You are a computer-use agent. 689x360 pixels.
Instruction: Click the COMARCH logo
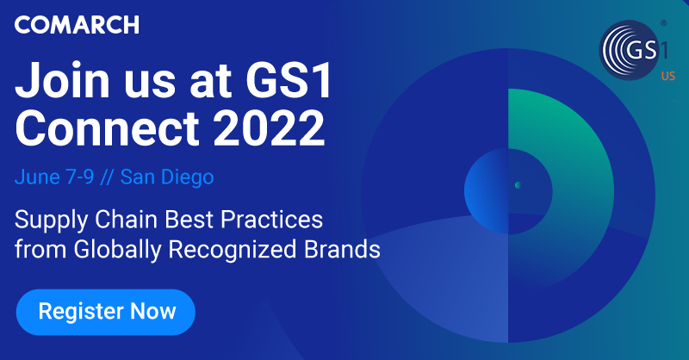click(x=77, y=26)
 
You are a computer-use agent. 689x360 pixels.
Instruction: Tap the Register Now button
click(x=107, y=311)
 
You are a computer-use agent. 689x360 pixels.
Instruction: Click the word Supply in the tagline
click(x=42, y=218)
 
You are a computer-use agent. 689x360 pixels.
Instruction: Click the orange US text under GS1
click(x=667, y=78)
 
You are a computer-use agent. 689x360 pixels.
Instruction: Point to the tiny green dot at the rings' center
click(x=518, y=184)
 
